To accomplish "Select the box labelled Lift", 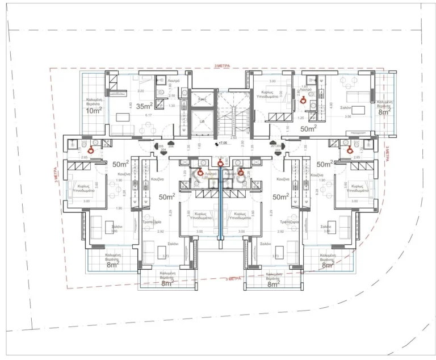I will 202,121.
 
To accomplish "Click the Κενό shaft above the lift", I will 202,99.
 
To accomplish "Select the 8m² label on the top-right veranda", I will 384,112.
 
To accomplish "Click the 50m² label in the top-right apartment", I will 308,129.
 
